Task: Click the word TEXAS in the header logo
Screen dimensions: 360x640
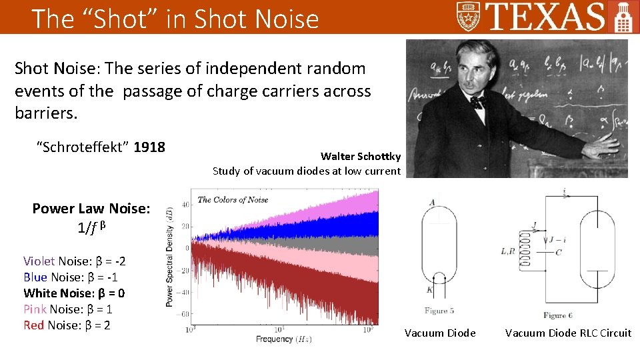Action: click(546, 17)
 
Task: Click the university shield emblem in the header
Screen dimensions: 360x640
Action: click(469, 16)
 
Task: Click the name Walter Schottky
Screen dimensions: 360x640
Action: click(360, 157)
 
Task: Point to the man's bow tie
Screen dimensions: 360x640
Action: click(477, 102)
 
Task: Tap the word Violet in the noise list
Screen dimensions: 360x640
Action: click(39, 261)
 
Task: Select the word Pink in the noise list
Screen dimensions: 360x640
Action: click(34, 309)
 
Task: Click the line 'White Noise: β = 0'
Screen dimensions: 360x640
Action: click(74, 293)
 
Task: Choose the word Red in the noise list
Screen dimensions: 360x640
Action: click(34, 325)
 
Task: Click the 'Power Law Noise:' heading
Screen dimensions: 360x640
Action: click(91, 209)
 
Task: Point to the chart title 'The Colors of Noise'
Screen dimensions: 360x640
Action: click(233, 199)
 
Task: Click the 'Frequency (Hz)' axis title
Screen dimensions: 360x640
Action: click(283, 339)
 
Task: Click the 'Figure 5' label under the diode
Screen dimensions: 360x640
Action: click(439, 311)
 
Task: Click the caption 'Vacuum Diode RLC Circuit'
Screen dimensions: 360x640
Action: click(567, 333)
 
